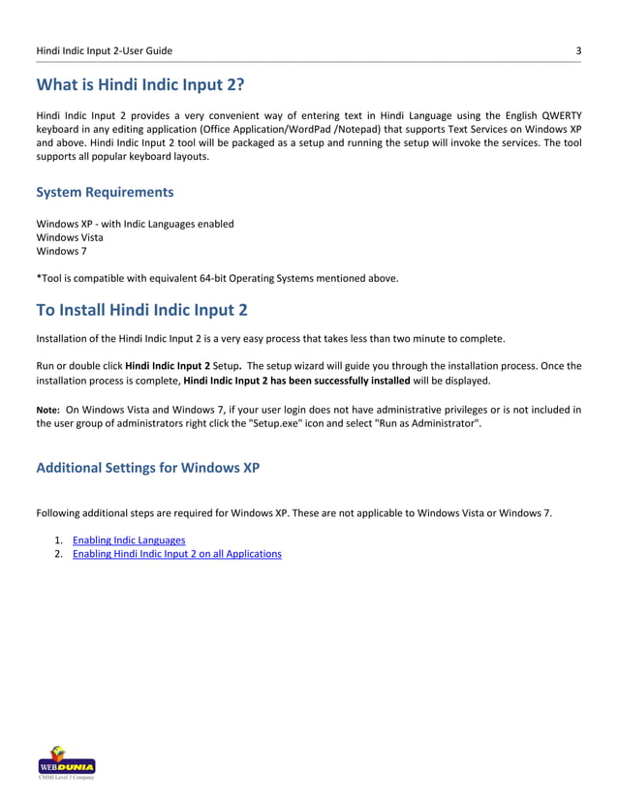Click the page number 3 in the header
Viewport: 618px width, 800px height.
tap(577, 50)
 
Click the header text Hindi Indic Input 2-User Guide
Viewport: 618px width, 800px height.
tap(105, 50)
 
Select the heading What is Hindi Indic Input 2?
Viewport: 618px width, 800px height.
tap(140, 84)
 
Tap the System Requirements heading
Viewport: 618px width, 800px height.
tap(105, 192)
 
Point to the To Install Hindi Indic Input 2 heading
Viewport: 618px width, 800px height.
tap(141, 310)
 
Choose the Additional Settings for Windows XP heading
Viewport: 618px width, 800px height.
tap(147, 468)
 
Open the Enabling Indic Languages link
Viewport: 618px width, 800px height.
tap(129, 539)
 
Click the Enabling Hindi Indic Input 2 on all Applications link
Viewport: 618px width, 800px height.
tap(177, 554)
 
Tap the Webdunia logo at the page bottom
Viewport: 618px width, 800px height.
tap(65, 761)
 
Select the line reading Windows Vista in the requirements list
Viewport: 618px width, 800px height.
tap(70, 237)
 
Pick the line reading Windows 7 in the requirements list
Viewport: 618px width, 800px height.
tap(59, 251)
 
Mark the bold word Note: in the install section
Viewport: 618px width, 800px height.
tap(48, 410)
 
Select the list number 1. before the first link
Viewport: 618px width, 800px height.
tap(59, 539)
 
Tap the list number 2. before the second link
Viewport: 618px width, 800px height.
tap(59, 554)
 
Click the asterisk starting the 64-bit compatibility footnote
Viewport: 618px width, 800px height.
tap(38, 277)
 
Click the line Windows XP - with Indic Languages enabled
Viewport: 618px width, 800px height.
tap(135, 224)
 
